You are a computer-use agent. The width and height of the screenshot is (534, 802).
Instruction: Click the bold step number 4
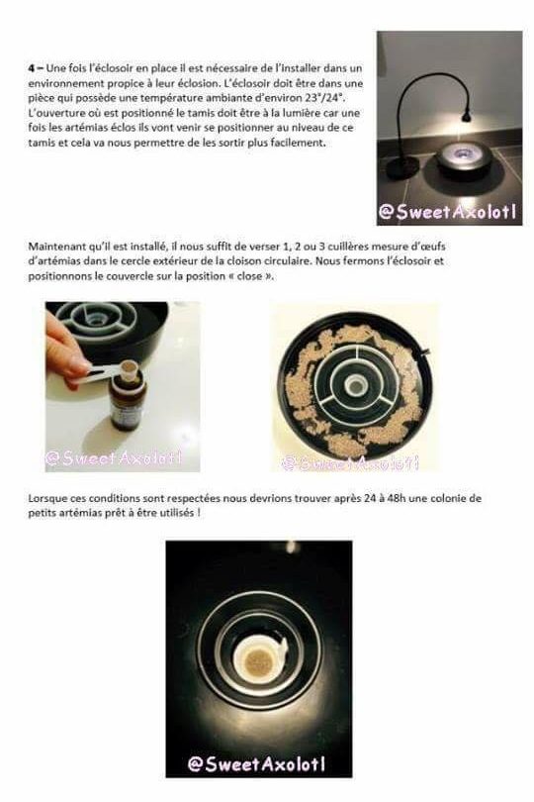point(32,68)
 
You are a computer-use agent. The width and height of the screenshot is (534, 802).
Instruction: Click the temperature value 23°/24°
point(323,98)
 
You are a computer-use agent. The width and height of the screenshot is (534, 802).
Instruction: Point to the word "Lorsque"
point(44,498)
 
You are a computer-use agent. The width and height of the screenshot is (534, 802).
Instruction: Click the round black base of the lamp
point(402,167)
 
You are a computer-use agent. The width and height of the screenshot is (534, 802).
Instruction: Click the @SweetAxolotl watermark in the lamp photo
point(447,212)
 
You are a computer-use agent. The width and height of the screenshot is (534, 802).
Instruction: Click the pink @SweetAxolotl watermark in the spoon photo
point(114,457)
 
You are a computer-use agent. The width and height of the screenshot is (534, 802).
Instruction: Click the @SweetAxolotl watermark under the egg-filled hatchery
point(350,463)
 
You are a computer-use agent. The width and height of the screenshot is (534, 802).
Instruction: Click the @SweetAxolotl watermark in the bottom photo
point(256,764)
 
